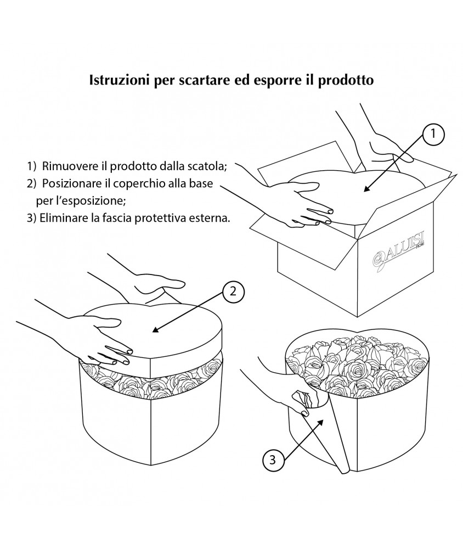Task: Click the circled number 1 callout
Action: tap(433, 133)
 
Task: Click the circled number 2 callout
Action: tap(233, 292)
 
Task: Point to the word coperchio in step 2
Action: tap(134, 183)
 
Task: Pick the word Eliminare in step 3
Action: tap(60, 217)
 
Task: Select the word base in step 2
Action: tap(202, 183)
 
